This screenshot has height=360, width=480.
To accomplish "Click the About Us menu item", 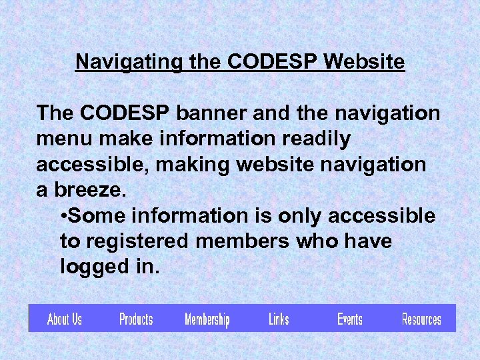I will [65, 319].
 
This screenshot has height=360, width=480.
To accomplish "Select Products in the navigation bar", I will [136, 319].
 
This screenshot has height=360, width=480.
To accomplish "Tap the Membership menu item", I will [207, 320].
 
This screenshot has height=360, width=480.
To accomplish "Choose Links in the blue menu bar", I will [279, 319].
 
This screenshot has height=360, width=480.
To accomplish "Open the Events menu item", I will [349, 319].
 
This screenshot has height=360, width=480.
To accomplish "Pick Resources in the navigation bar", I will [421, 319].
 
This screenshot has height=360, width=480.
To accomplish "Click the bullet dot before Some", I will [63, 217].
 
